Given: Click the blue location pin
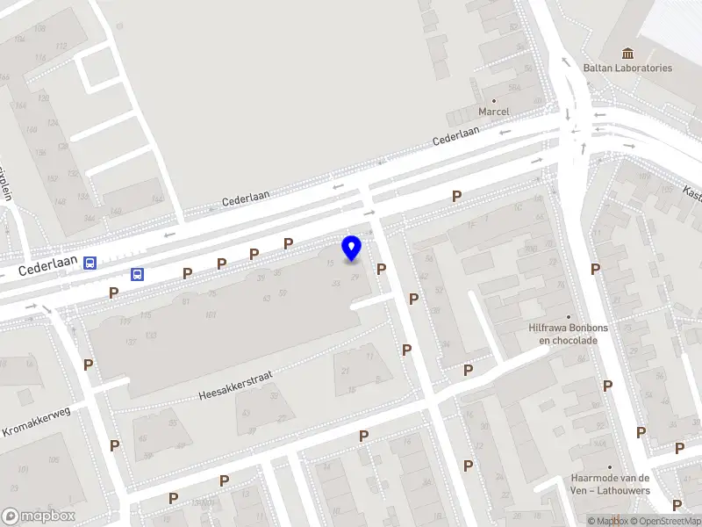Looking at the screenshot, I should click(x=352, y=248).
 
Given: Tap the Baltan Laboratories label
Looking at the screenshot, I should click(x=627, y=68).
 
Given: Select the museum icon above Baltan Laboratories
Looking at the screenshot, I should click(x=627, y=53).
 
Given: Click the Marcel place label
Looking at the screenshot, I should click(x=493, y=112).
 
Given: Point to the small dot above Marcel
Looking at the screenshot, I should click(x=493, y=99).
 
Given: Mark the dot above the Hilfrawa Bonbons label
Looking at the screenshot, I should click(x=568, y=316).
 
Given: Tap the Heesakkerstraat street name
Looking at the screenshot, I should click(x=235, y=384).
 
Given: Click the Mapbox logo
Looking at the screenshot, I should click(x=38, y=516).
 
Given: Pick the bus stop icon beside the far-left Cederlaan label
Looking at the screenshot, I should click(x=90, y=263).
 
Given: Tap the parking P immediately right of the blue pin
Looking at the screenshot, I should click(x=382, y=270).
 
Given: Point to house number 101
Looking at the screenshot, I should click(x=211, y=315).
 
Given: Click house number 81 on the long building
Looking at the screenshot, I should click(x=186, y=301).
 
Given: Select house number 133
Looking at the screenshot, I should click(x=151, y=336).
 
